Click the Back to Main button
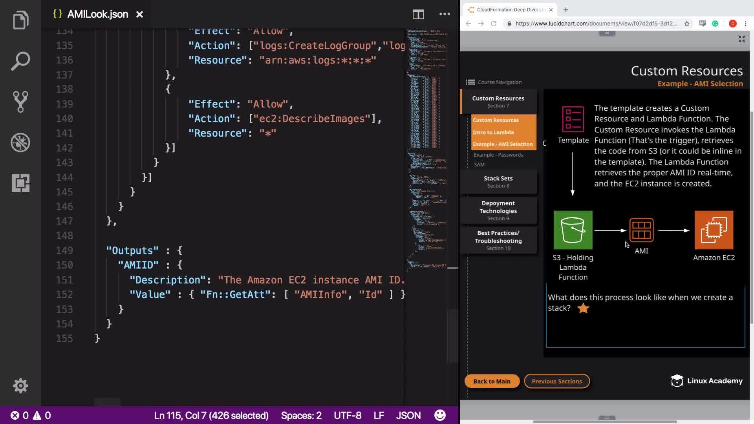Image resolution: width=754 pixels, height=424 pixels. coord(492,381)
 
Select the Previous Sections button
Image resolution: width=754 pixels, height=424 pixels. coord(556,381)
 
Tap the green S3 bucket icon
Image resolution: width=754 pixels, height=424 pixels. coord(573,230)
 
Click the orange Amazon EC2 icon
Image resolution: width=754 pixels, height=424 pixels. coord(714,230)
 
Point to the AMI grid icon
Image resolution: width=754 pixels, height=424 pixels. coord(641,230)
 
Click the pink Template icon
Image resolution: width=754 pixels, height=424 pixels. coord(573,119)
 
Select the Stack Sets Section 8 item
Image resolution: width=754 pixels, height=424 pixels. coord(498,182)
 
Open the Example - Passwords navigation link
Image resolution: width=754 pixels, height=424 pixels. coord(498,155)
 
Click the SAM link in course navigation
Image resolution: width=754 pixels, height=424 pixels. coord(479,164)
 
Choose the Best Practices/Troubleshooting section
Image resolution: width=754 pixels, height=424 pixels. coord(498,240)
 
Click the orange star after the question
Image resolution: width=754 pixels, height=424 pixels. coord(583,308)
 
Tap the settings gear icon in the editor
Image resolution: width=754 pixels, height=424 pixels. coord(20,386)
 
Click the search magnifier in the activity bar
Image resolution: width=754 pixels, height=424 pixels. coord(20,61)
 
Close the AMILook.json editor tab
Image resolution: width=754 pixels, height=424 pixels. coord(139,15)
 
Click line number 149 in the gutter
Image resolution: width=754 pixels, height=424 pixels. coord(64,250)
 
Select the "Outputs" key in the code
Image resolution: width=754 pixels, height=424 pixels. coord(132,250)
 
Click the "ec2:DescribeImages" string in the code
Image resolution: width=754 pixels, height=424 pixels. coord(314,119)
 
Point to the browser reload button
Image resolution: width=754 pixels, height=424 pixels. coord(494,24)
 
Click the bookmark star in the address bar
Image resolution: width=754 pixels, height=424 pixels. coord(687,24)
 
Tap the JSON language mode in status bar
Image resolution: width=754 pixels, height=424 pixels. coord(408,415)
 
